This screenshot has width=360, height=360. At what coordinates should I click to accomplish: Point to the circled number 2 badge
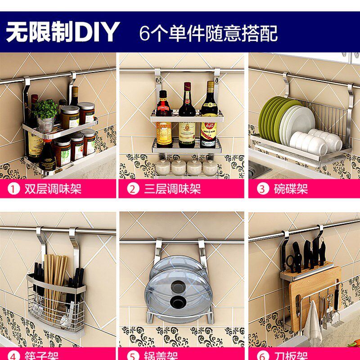133,189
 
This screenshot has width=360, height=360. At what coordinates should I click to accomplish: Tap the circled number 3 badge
262,189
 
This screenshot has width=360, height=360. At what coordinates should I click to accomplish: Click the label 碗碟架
291,189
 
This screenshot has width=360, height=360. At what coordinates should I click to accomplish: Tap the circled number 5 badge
133,356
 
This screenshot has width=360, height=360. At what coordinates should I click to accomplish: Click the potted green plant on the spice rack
45,110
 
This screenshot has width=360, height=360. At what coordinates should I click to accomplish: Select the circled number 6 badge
262,356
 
